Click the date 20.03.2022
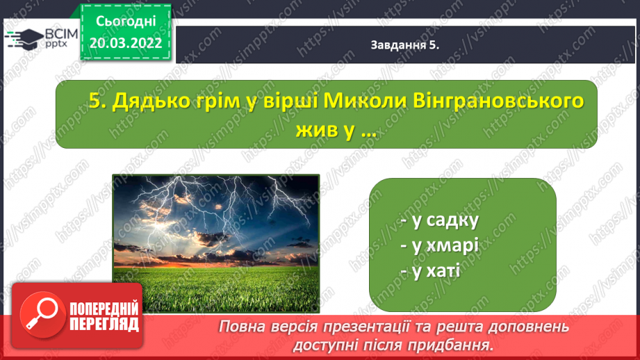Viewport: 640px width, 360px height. click(126, 43)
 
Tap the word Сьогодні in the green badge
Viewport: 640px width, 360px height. click(126, 22)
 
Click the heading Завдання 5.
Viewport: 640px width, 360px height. click(405, 45)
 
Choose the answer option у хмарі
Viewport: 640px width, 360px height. click(439, 246)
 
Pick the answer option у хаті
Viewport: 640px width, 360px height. click(430, 270)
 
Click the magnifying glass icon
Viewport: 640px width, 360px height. click(42, 315)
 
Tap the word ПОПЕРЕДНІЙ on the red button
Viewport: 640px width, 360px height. click(104, 309)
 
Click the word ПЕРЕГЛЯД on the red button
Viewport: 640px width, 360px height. click(104, 325)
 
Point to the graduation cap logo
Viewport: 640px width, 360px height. click(24, 39)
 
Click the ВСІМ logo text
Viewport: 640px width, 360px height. click(61, 33)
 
